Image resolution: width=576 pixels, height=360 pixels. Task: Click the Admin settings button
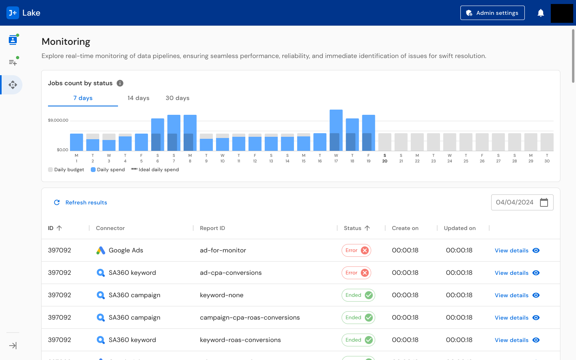click(x=492, y=13)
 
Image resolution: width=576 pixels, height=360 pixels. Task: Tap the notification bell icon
click(x=541, y=13)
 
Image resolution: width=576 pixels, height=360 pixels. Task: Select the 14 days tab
click(x=138, y=98)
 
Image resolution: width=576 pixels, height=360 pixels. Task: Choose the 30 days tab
click(x=178, y=98)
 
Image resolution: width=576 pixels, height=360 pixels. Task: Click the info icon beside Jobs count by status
click(x=120, y=83)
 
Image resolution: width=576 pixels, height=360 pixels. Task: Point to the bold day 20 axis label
click(x=385, y=158)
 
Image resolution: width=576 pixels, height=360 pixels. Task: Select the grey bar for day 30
click(x=547, y=142)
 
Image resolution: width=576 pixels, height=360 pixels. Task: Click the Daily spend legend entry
click(x=108, y=170)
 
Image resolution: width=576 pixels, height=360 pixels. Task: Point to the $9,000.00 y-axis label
click(x=58, y=120)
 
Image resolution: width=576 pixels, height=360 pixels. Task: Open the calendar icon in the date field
click(x=544, y=202)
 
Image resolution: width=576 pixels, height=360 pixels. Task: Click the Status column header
click(x=352, y=228)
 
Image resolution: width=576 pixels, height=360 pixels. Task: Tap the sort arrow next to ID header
click(x=59, y=228)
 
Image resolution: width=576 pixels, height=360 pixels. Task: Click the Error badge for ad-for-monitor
click(x=356, y=250)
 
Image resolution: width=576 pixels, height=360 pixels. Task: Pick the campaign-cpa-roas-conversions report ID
click(x=250, y=318)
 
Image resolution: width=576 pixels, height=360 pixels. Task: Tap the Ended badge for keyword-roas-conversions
click(x=358, y=340)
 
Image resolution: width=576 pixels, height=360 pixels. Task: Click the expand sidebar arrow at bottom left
click(x=13, y=346)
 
